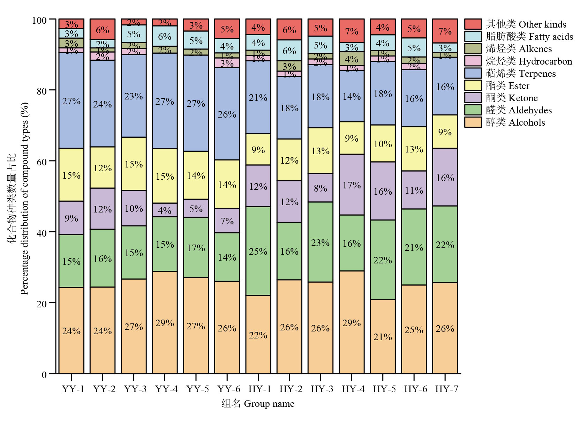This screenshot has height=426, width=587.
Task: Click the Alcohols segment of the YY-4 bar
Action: coord(165,322)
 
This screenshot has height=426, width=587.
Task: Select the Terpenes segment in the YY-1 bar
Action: coord(71,100)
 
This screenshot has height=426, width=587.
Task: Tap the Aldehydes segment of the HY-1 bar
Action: coord(258,251)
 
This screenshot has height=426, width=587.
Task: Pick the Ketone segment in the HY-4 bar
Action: coord(352,185)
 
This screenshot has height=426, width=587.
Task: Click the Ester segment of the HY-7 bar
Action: coord(445,132)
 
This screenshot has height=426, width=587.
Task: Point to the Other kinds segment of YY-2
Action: coord(103,29)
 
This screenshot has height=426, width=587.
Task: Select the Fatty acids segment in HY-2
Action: coord(289,50)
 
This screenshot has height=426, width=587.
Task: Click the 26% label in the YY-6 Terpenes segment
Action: coord(227,114)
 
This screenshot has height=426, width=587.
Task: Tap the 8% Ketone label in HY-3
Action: coord(320,188)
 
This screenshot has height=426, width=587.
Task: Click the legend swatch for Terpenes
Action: coord(473,73)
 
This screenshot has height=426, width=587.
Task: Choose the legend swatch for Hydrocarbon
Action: coord(473,61)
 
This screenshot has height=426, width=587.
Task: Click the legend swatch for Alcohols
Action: coord(473,122)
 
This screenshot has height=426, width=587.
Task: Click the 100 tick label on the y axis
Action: coord(39,20)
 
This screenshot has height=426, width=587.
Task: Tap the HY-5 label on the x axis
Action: coord(384,389)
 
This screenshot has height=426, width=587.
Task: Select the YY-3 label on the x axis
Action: coord(135,389)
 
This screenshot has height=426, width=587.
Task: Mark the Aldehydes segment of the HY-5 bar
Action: coord(383,260)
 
